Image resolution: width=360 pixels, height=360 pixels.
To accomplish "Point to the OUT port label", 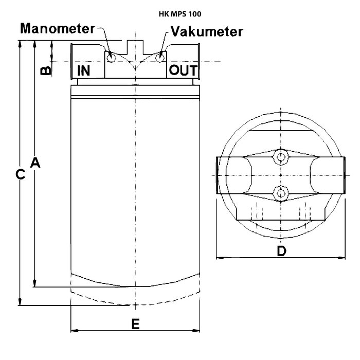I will point(183,70).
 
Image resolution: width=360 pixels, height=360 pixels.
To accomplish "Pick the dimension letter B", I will point(46,70).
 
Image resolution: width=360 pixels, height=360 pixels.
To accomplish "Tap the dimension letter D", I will point(281,251).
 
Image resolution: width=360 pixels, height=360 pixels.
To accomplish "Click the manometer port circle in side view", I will point(111,58).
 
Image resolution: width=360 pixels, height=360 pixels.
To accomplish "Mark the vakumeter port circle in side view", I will point(161,58).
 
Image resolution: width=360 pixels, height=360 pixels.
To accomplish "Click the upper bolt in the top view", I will point(280,156).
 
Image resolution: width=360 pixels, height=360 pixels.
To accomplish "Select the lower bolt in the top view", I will point(280,192).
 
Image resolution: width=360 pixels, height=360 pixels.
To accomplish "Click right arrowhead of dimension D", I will point(343,257).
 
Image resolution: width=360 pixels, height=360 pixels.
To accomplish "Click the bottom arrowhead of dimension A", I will point(35,284).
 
